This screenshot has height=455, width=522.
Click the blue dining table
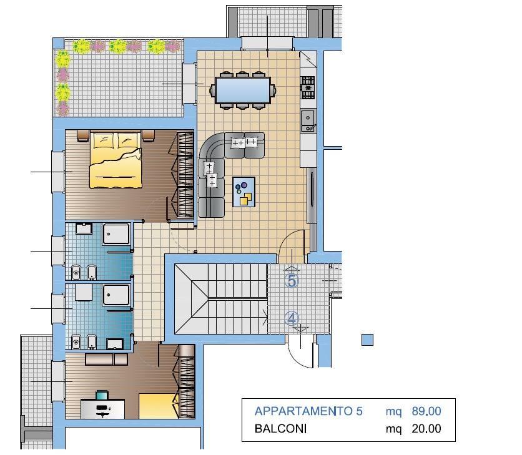point(243,90)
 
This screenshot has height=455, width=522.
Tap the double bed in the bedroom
point(116,160)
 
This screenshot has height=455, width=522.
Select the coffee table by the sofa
point(244,192)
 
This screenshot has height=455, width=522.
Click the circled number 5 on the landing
point(292,281)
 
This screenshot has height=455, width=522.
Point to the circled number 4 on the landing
point(292,318)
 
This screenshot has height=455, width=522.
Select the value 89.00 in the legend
point(426,411)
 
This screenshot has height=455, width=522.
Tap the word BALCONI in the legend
point(280,429)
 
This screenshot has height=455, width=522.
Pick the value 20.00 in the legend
point(426,429)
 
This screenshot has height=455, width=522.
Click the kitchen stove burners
point(308,87)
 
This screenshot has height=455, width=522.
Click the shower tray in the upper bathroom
point(116,234)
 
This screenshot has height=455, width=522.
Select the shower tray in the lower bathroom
point(116,295)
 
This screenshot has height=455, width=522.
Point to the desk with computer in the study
point(103,409)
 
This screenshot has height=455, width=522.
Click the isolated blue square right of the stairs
point(368,340)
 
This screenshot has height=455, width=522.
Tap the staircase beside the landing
point(220,298)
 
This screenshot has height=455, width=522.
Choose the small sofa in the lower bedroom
point(106,360)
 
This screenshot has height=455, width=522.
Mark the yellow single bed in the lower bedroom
point(159,406)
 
